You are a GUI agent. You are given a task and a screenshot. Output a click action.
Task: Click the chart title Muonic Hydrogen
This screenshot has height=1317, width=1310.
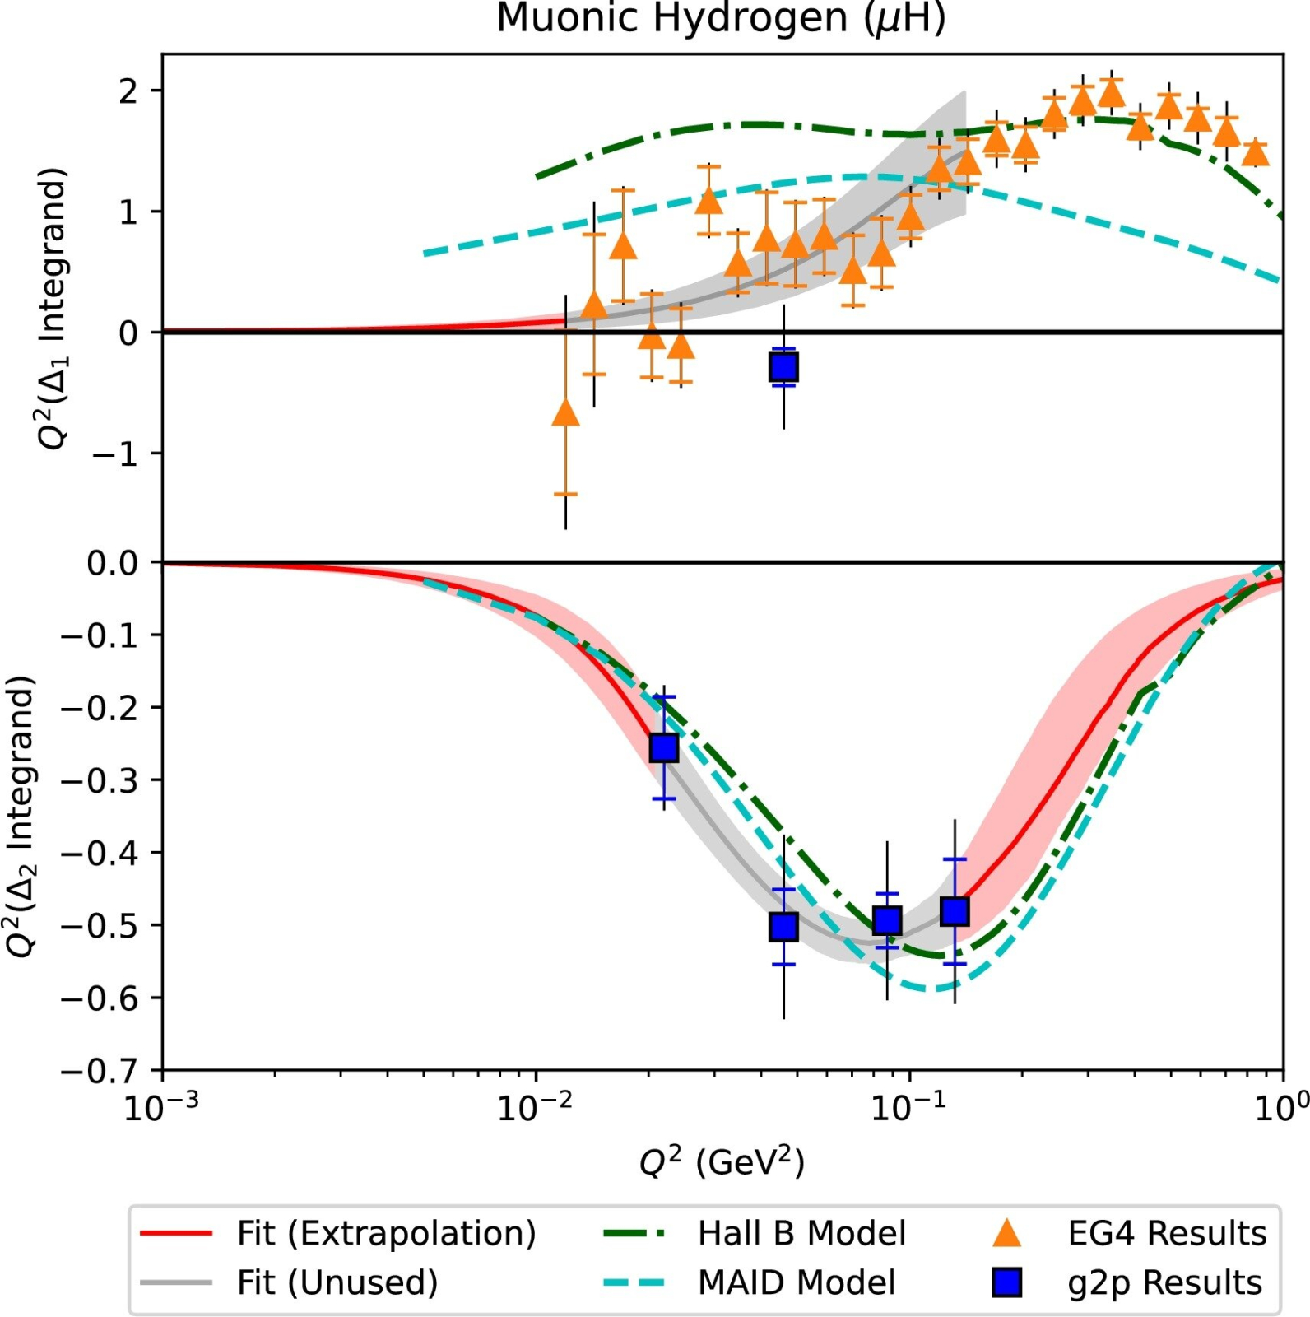pos(720,18)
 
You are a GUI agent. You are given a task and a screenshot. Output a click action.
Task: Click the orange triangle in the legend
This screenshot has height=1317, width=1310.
pos(1006,1233)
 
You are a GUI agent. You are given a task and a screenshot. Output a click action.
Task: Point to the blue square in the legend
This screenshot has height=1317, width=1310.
pos(1006,1282)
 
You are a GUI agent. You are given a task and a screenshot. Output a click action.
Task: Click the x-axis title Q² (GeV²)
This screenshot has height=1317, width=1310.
pos(722,1161)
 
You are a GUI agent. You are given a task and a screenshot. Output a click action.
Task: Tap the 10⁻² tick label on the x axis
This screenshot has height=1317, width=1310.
pos(535,1109)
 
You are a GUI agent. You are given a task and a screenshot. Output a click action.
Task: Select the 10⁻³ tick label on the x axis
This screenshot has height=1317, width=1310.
pos(161,1109)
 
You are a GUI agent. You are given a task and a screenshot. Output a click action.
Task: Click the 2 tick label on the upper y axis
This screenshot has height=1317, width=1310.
pos(128,91)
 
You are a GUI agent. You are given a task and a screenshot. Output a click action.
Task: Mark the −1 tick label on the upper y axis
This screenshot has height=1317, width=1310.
pos(115,454)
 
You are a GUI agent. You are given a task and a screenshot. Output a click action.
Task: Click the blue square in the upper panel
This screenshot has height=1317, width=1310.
pos(783,366)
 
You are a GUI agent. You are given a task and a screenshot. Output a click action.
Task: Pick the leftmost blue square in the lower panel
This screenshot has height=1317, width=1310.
pos(664,747)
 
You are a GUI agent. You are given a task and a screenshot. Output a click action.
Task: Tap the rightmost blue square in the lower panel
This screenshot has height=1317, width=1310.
pos(955,911)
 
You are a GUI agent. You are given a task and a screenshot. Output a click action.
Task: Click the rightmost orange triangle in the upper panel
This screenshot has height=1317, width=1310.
pos(1255,153)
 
